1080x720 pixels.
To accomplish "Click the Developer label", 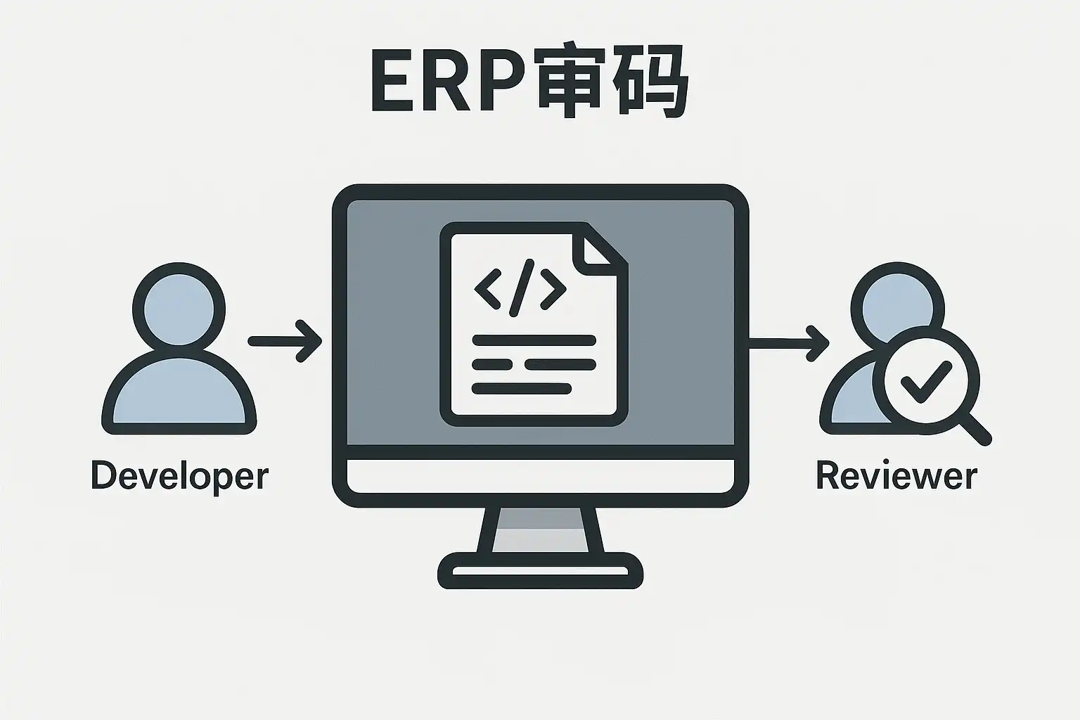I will pos(180,476).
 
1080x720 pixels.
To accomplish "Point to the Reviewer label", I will pos(896,476).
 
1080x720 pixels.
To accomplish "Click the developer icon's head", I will pos(179,307).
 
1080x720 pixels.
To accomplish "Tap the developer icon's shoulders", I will pos(179,394).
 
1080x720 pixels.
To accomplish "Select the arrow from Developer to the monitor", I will pos(285,342).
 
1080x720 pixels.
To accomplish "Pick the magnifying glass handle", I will pos(975,427).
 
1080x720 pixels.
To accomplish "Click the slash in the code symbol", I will pos(521,287).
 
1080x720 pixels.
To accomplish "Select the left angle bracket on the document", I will pos(487,288).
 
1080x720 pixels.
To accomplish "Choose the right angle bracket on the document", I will pos(553,288).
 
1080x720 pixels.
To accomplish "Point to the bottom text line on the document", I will pos(521,388).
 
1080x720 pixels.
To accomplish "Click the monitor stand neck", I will pos(540,529).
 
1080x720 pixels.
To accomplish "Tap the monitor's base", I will pos(540,570).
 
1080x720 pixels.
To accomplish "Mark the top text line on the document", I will pos(534,341).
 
